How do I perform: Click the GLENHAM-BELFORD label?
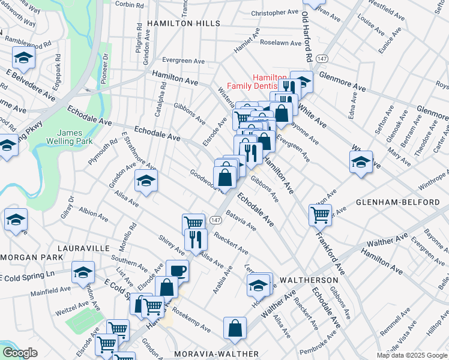coord(406,203)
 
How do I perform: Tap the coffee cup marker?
coord(177,270)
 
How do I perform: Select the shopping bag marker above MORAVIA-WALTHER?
coord(235,328)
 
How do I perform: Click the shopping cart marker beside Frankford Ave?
coord(321,214)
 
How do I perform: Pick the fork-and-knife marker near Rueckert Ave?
coord(196,239)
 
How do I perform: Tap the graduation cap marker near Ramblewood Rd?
coord(23,58)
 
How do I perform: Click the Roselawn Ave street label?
coord(279,43)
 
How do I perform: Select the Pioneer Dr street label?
coord(104,68)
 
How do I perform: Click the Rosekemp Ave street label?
coord(191,321)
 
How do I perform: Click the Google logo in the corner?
coord(20,352)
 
